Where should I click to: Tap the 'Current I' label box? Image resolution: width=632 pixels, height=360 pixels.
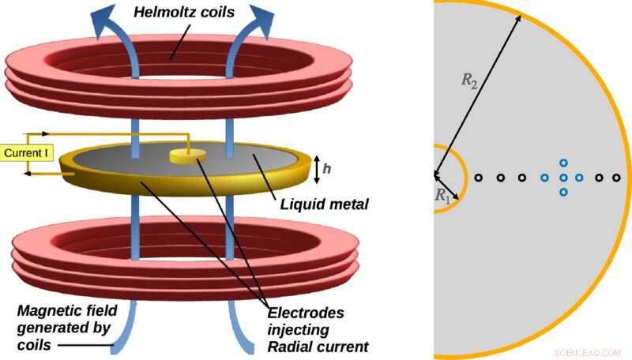pos(28,151)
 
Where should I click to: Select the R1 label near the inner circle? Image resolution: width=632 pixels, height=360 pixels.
pos(442,197)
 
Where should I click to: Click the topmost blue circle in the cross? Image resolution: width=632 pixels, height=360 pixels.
pos(563,163)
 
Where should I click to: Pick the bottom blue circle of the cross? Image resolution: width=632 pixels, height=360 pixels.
pos(563,192)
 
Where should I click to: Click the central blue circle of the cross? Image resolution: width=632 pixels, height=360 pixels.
pos(563,178)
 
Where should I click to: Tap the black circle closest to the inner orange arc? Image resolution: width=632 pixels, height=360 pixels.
pos(478,178)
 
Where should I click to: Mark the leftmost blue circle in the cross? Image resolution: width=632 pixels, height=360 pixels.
pos(544,178)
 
